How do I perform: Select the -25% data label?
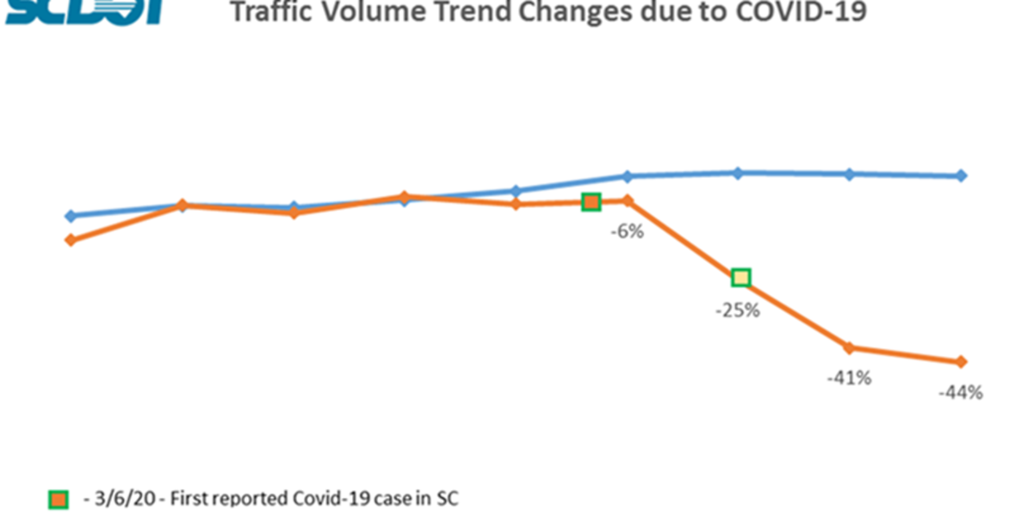coord(738,310)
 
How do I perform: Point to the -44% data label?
coord(961,393)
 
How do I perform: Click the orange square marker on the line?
coord(591,201)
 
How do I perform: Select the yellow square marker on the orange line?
coord(740,277)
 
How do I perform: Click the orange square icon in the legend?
coord(59,500)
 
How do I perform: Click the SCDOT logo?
coord(82,10)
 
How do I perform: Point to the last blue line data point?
coord(962,175)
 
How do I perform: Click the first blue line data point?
coord(71,216)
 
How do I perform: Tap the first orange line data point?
coord(71,240)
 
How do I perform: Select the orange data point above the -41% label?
coord(850,347)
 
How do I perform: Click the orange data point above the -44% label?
coord(962,362)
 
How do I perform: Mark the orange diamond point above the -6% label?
coord(628,200)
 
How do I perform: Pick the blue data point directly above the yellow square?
coord(738,173)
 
